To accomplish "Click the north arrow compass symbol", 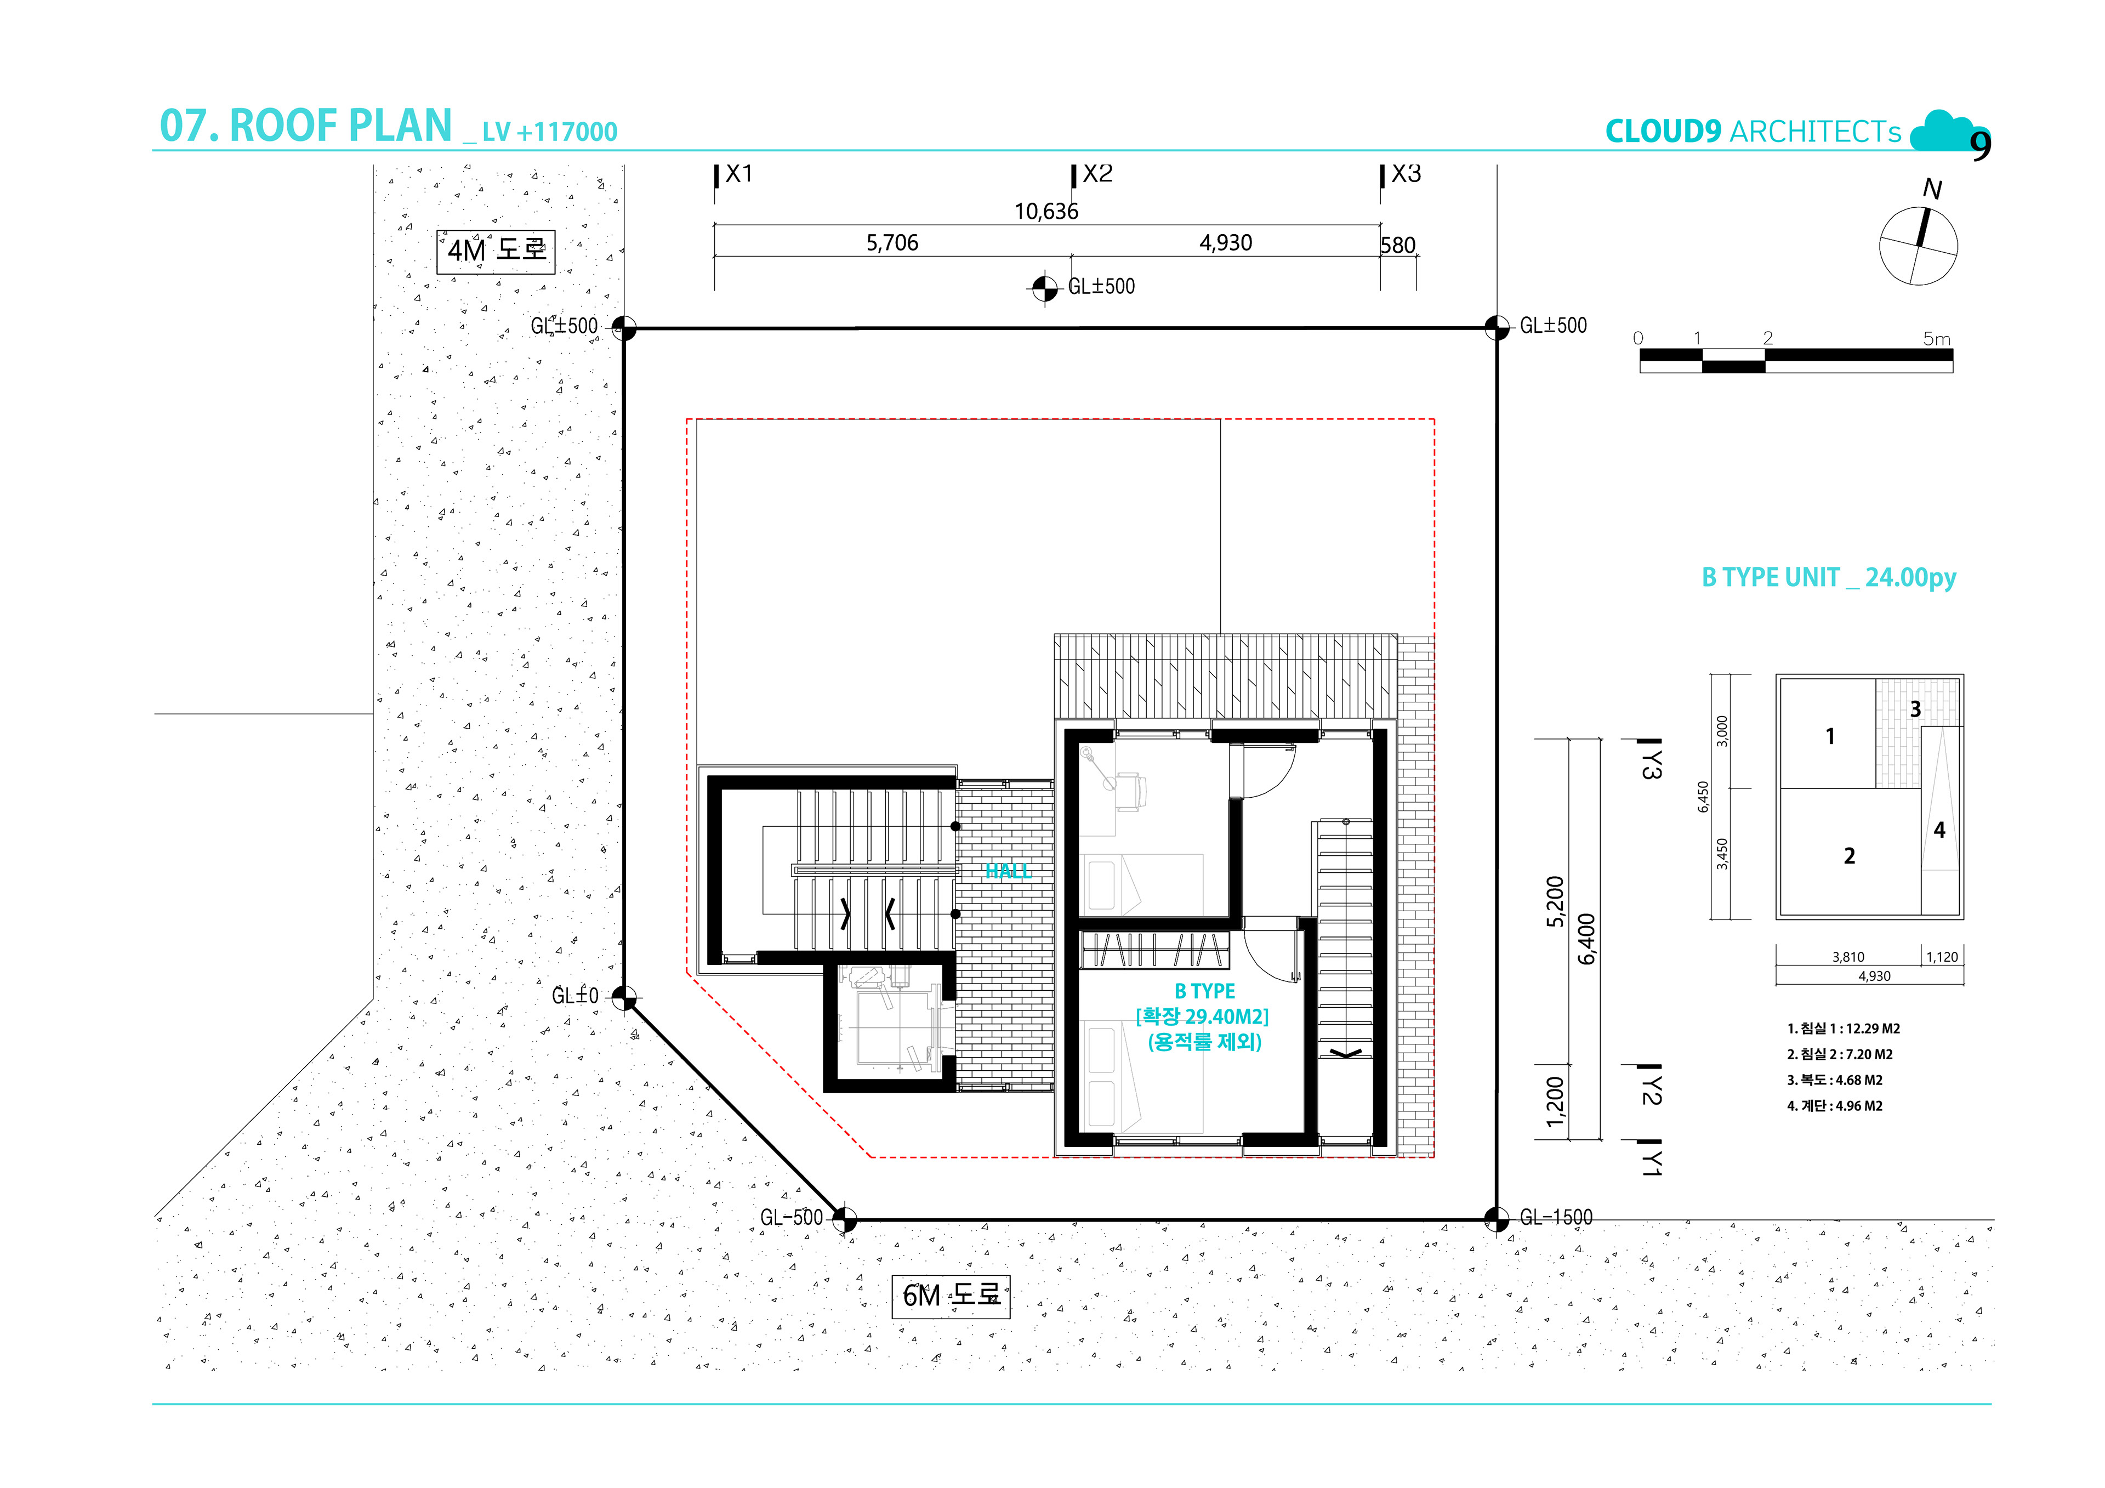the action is (x=1918, y=244).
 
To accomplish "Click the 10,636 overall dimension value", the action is (x=1046, y=212).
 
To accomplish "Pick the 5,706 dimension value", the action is (x=892, y=243).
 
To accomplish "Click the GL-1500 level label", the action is (x=1556, y=1218).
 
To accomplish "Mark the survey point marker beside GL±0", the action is (x=623, y=997).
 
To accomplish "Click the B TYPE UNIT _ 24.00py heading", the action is (x=1829, y=577).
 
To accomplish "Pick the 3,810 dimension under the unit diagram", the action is (x=1848, y=957).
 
